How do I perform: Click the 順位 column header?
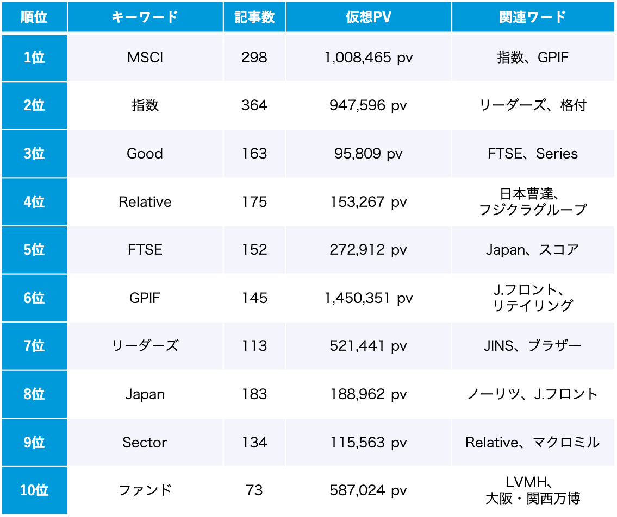pyautogui.click(x=34, y=17)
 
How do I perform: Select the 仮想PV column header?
pyautogui.click(x=368, y=17)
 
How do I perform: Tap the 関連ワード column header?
pyautogui.click(x=532, y=17)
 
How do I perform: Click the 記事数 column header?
pyautogui.click(x=254, y=17)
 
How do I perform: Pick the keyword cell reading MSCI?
pyautogui.click(x=145, y=58)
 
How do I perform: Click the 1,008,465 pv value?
pyautogui.click(x=368, y=58)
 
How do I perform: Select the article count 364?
pyautogui.click(x=254, y=105)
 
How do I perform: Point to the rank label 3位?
pyautogui.click(x=34, y=154)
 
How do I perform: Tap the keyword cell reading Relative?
pyautogui.click(x=145, y=202)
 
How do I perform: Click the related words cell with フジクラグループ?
pyautogui.click(x=532, y=202)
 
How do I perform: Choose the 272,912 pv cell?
pyautogui.click(x=368, y=250)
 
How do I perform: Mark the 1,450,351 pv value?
pyautogui.click(x=368, y=298)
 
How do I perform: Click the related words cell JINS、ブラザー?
pyautogui.click(x=532, y=346)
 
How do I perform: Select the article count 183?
pyautogui.click(x=254, y=394)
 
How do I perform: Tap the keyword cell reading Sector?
pyautogui.click(x=145, y=443)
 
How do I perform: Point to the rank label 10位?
pyautogui.click(x=34, y=490)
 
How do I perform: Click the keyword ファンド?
pyautogui.click(x=145, y=490)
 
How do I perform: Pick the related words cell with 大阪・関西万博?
pyautogui.click(x=532, y=490)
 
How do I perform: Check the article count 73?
pyautogui.click(x=254, y=490)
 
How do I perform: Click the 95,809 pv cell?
pyautogui.click(x=368, y=154)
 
